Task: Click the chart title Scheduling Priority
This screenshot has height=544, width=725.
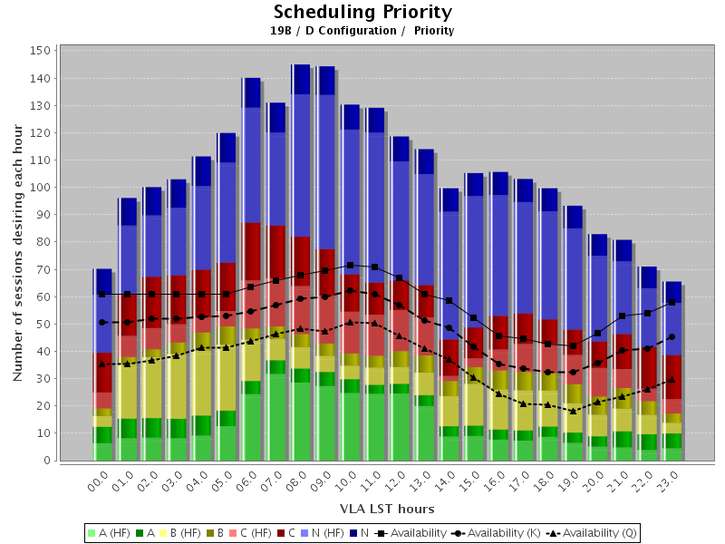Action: [362, 12]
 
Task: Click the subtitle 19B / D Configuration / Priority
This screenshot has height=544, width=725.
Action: [362, 31]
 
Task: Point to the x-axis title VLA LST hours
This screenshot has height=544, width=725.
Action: [374, 509]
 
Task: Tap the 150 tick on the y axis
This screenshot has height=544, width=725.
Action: [39, 51]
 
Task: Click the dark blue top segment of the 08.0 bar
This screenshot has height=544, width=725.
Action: [301, 80]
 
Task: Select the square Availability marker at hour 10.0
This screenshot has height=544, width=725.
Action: [350, 266]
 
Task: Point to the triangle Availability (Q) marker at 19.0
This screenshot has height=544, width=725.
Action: [572, 411]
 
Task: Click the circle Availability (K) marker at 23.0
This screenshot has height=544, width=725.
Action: [671, 337]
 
